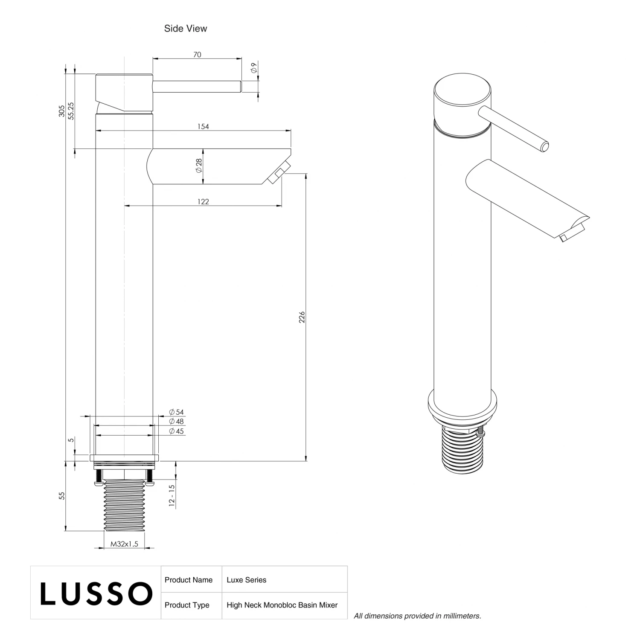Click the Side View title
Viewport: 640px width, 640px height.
186,29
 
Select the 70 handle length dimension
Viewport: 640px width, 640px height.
197,55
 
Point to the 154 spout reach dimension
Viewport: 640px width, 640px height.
203,127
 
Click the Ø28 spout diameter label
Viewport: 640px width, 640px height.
198,166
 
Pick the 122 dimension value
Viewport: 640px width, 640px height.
203,202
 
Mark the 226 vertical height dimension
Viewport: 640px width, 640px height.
302,317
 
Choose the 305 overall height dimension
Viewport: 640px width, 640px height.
62,111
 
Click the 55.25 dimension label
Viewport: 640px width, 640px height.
71,111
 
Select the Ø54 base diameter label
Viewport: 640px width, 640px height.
176,412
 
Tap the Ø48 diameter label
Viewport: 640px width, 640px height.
176,422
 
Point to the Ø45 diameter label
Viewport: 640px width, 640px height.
176,431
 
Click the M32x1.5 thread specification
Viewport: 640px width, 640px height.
124,544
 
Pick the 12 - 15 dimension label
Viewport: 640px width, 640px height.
172,496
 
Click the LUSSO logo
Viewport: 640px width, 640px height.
96,593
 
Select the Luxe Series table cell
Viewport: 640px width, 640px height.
247,580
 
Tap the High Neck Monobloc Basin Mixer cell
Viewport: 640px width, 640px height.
282,605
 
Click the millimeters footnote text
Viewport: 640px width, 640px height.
417,616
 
